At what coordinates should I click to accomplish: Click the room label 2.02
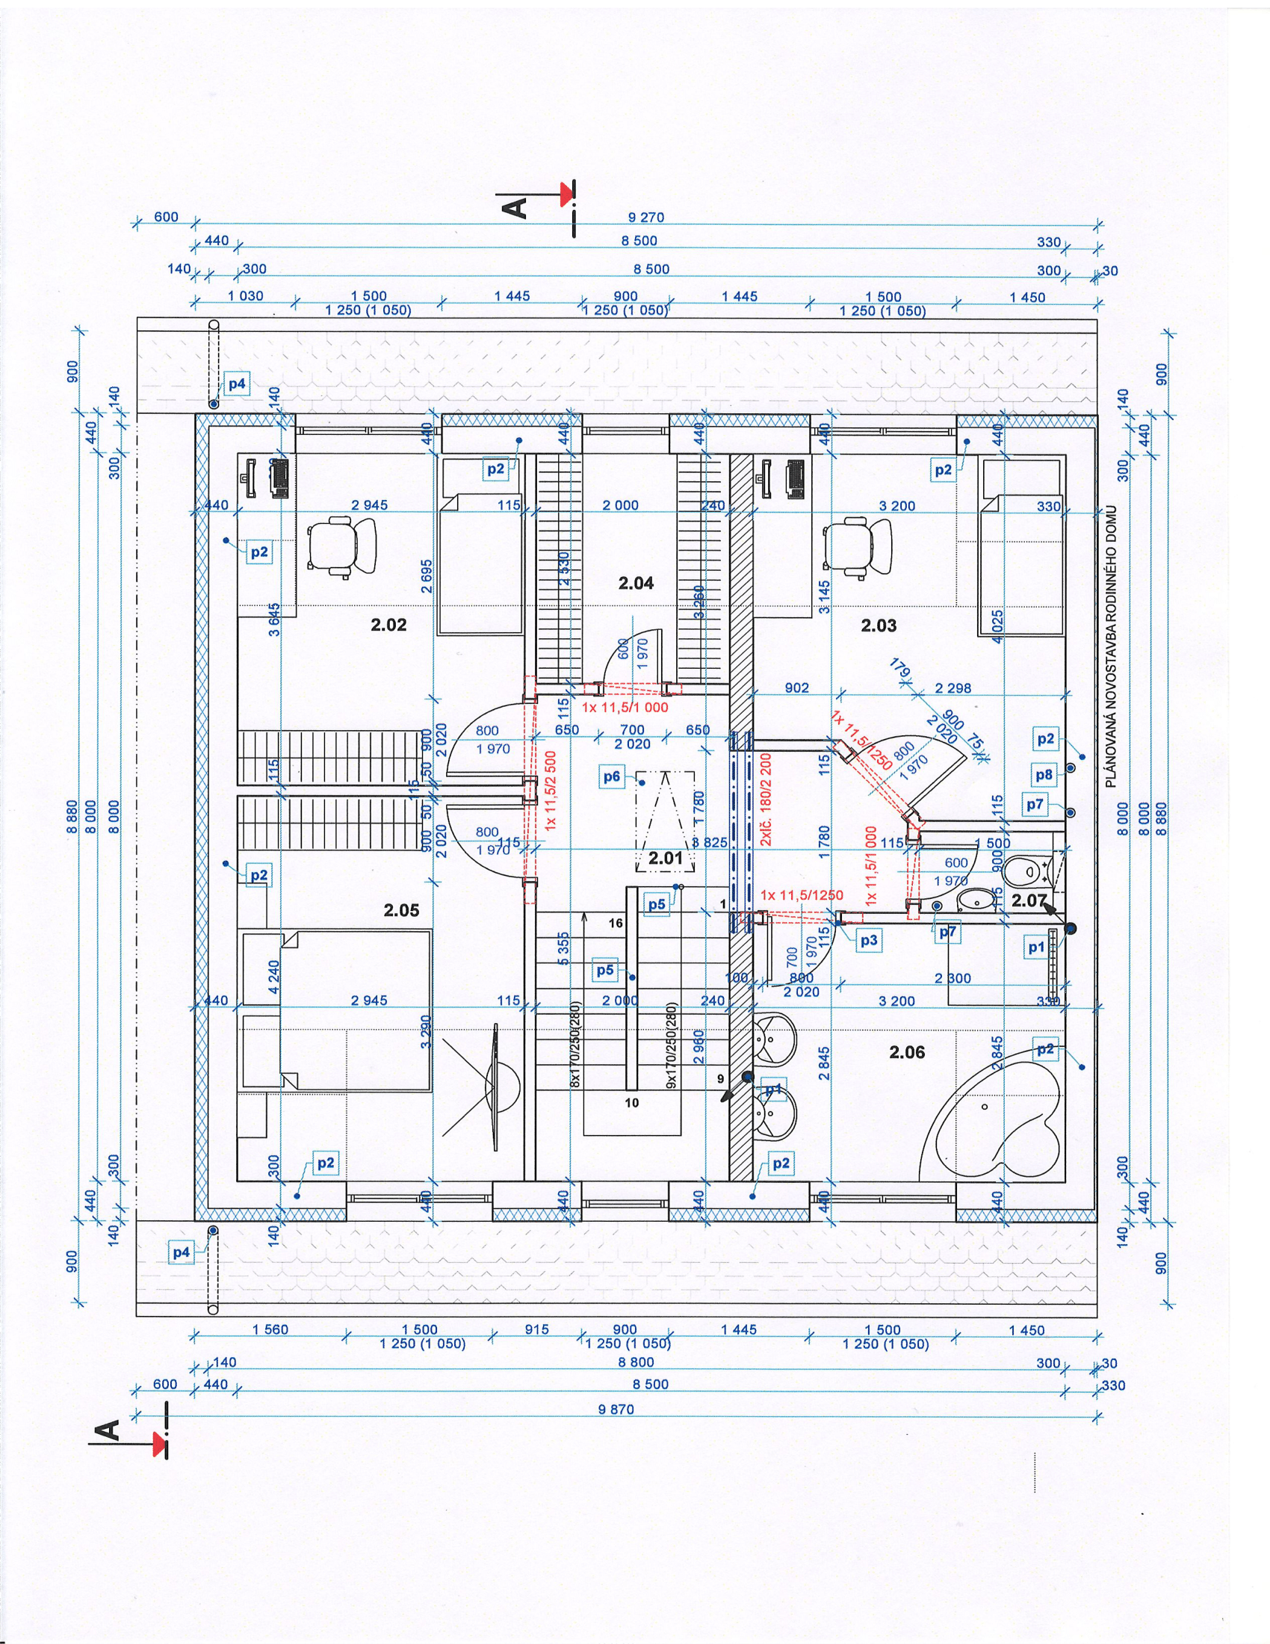pyautogui.click(x=388, y=624)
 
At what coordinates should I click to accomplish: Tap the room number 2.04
pyautogui.click(x=636, y=583)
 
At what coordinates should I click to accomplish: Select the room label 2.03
pyautogui.click(x=879, y=625)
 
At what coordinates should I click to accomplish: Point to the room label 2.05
pyautogui.click(x=401, y=910)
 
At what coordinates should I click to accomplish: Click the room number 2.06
pyautogui.click(x=907, y=1051)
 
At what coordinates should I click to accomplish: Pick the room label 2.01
pyautogui.click(x=665, y=857)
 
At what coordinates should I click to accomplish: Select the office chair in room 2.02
pyautogui.click(x=341, y=546)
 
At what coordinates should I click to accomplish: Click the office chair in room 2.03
pyautogui.click(x=858, y=546)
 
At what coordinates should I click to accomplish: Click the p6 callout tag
pyautogui.click(x=612, y=776)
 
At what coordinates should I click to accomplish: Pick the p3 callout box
pyautogui.click(x=869, y=940)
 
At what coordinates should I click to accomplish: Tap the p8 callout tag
pyautogui.click(x=1044, y=775)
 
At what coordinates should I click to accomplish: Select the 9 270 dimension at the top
pyautogui.click(x=645, y=217)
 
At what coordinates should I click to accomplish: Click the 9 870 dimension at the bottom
pyautogui.click(x=616, y=1409)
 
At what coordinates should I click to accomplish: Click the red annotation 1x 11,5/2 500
pyautogui.click(x=550, y=791)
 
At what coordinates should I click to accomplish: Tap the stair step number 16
pyautogui.click(x=616, y=923)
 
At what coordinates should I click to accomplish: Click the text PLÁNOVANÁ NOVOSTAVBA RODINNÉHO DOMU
pyautogui.click(x=1112, y=646)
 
